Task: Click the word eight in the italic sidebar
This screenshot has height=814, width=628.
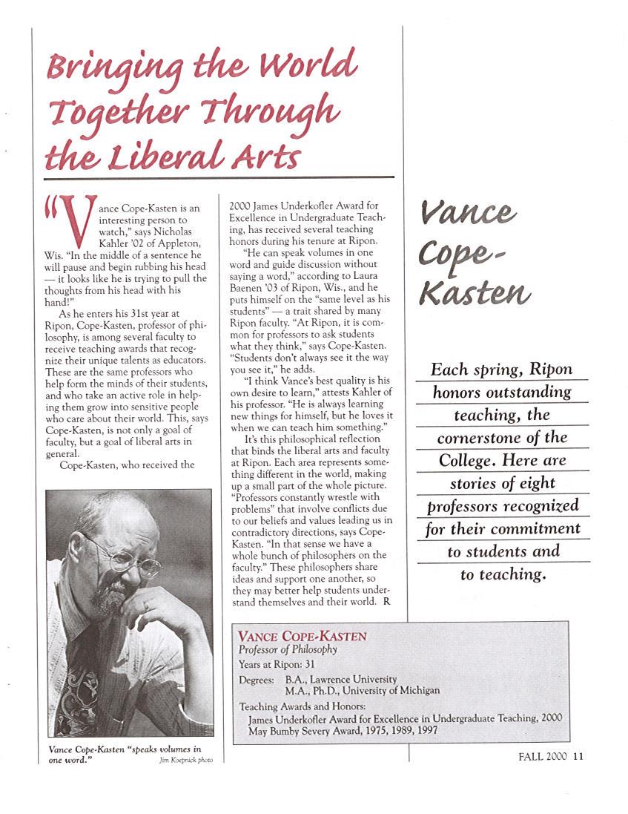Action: pyautogui.click(x=542, y=484)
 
